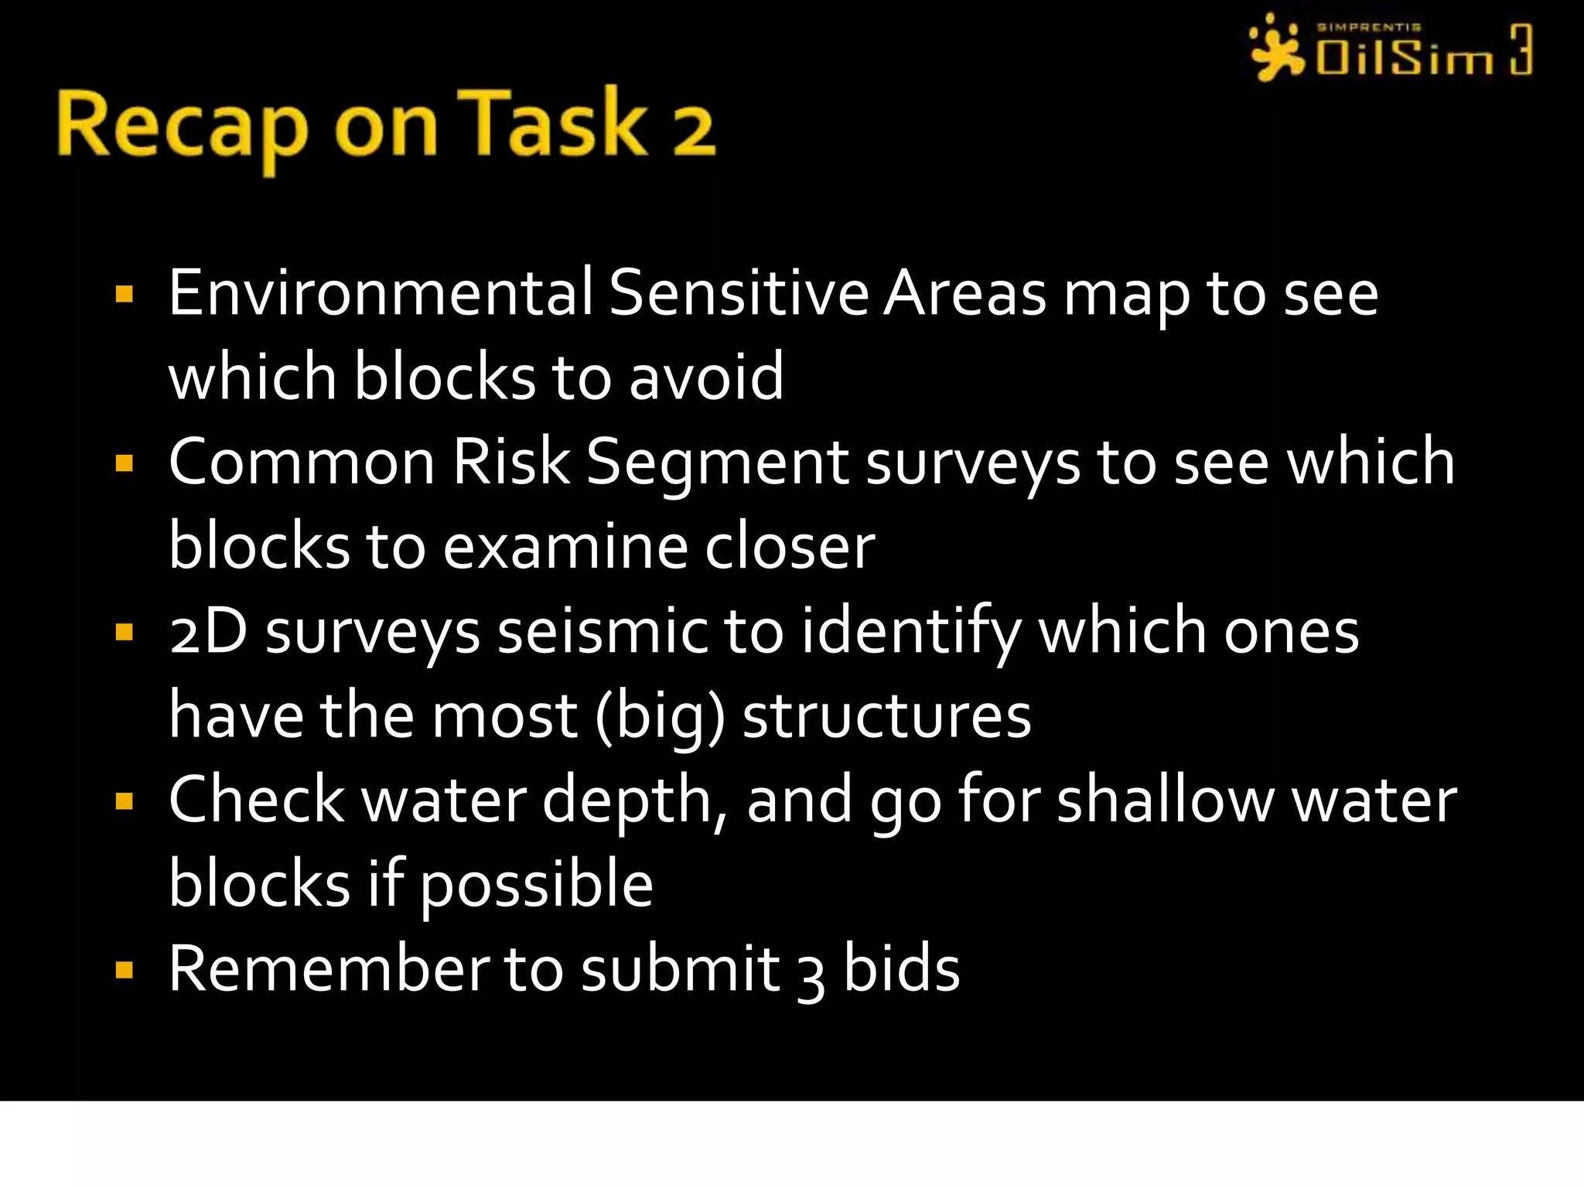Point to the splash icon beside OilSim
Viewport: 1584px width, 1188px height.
click(x=1276, y=49)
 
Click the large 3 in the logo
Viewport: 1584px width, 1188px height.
click(x=1521, y=49)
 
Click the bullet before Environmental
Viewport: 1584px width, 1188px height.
click(x=124, y=295)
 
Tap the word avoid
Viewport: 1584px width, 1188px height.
click(x=706, y=377)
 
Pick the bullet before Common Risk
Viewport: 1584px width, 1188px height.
click(x=124, y=463)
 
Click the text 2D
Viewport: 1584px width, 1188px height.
click(x=208, y=631)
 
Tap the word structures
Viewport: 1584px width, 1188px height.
click(x=886, y=716)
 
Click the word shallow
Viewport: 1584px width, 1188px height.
click(x=1166, y=801)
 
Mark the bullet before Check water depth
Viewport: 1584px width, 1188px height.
click(x=124, y=801)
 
